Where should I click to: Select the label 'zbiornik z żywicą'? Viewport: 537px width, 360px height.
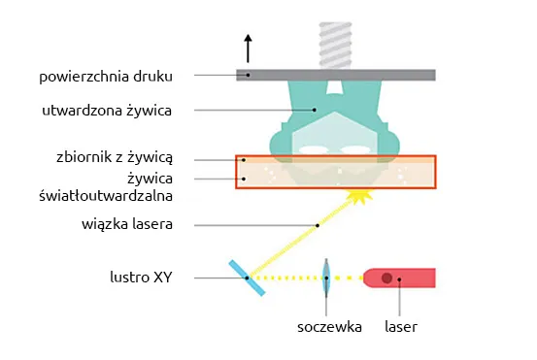tap(114, 157)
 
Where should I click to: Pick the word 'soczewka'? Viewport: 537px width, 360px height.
tap(329, 327)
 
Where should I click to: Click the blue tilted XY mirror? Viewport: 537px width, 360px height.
tap(247, 278)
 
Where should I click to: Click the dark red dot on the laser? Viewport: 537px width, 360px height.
tap(386, 278)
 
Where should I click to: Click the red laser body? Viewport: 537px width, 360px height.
tap(408, 278)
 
